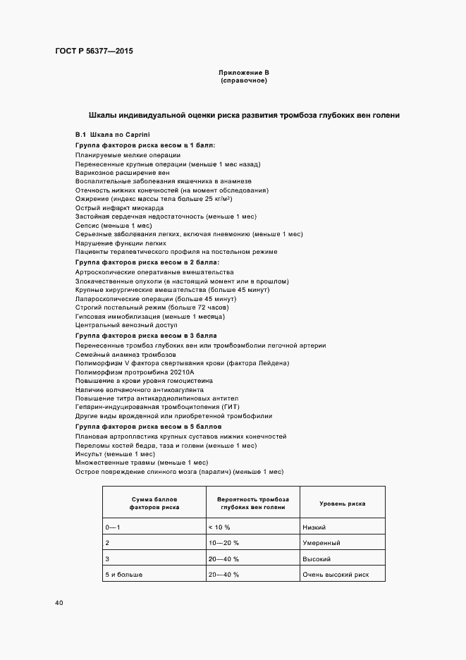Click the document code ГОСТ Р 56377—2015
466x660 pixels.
tap(94, 51)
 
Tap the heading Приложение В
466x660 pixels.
tap(244, 73)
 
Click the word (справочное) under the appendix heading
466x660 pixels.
tap(244, 80)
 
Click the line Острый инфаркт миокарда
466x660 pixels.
tap(119, 208)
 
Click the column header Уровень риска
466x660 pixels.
tap(342, 503)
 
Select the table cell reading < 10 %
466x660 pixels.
tap(220, 527)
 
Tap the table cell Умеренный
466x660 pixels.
tap(321, 543)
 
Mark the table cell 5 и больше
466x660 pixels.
tap(123, 575)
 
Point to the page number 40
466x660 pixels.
tap(59, 603)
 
